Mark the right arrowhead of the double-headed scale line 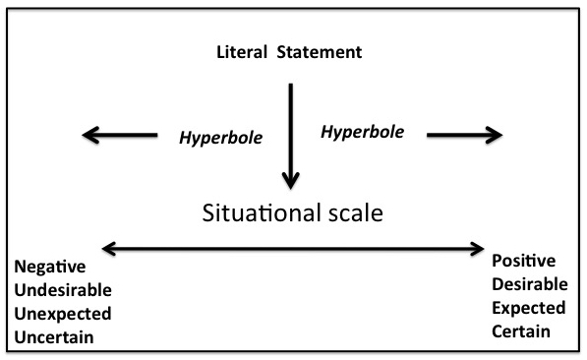(x=479, y=249)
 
